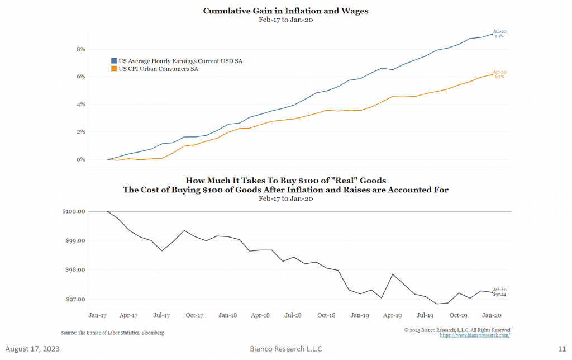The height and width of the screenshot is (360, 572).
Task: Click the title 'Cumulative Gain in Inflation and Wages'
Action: click(x=285, y=11)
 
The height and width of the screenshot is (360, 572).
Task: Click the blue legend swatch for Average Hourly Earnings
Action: click(x=113, y=60)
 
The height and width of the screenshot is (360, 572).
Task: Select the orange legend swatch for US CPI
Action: click(x=113, y=69)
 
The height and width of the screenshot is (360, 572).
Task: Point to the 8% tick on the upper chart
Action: click(x=81, y=49)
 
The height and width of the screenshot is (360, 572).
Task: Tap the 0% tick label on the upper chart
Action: click(x=81, y=159)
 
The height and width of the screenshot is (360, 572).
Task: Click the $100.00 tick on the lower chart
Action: click(x=73, y=211)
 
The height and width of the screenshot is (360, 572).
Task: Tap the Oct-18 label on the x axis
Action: click(x=326, y=315)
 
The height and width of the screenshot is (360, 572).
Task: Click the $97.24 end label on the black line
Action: click(x=499, y=294)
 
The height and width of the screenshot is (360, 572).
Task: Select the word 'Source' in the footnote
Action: click(x=69, y=333)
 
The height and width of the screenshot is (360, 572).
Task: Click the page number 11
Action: click(x=562, y=349)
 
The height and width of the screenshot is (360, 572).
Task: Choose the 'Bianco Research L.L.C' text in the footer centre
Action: click(x=285, y=349)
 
